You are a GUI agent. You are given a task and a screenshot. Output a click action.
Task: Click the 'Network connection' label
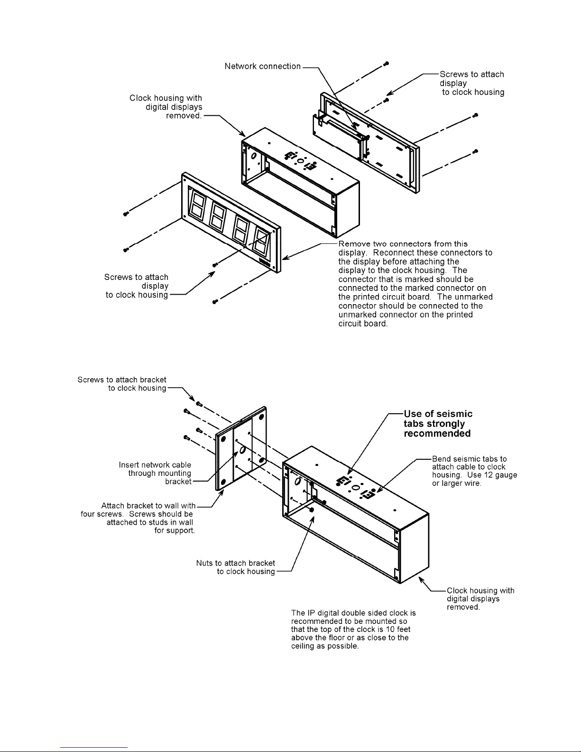click(262, 66)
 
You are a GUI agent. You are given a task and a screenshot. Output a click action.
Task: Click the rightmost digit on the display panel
click(261, 241)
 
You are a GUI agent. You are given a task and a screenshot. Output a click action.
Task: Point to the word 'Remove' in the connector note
click(353, 243)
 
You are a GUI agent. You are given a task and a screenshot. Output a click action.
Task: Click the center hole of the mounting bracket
click(240, 449)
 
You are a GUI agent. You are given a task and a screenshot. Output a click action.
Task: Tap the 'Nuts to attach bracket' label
click(236, 563)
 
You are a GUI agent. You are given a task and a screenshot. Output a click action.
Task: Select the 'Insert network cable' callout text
click(155, 465)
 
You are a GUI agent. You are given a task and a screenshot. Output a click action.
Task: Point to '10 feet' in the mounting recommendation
click(396, 629)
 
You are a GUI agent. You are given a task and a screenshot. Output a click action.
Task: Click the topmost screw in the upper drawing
click(387, 64)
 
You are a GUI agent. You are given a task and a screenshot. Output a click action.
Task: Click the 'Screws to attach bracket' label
click(122, 380)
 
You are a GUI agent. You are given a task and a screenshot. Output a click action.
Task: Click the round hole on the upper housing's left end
click(253, 156)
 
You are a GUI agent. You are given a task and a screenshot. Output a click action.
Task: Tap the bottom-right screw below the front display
click(215, 301)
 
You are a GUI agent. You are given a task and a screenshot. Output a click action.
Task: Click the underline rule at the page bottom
click(94, 747)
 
